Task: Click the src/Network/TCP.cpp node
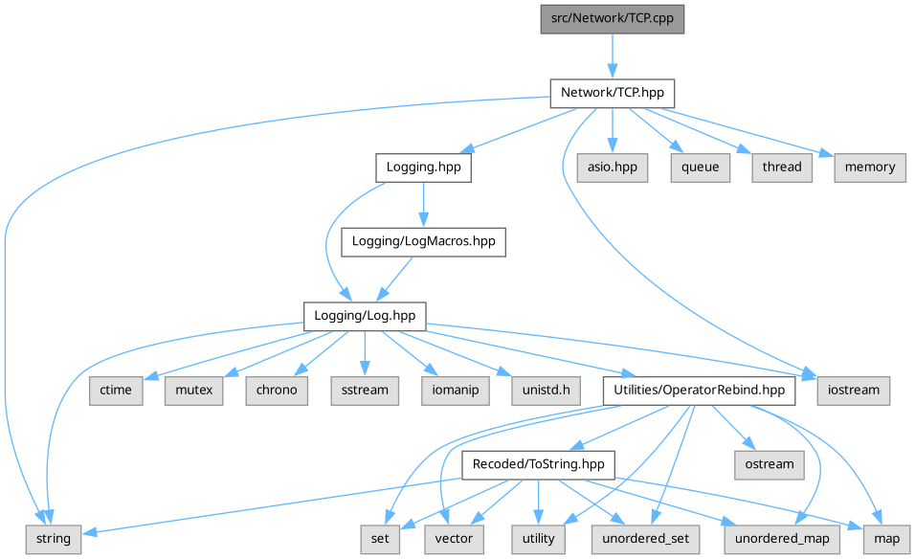click(x=612, y=19)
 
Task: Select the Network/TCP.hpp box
click(x=612, y=93)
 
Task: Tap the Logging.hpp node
click(x=423, y=167)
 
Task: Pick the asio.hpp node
click(x=612, y=167)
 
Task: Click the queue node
click(x=700, y=167)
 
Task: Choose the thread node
click(x=781, y=167)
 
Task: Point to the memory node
click(x=870, y=167)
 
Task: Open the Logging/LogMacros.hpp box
click(x=423, y=241)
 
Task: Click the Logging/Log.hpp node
click(x=365, y=315)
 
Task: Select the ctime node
click(x=116, y=391)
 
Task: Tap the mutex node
click(x=193, y=391)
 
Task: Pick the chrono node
click(x=277, y=391)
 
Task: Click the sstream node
click(x=364, y=391)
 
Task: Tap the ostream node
click(x=770, y=464)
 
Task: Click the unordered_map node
click(x=782, y=538)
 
